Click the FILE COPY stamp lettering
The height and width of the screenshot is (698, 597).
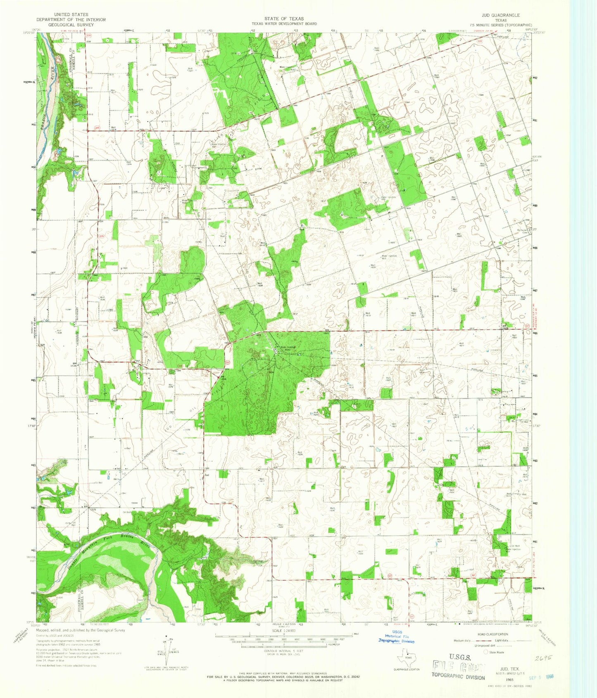click(459, 667)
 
